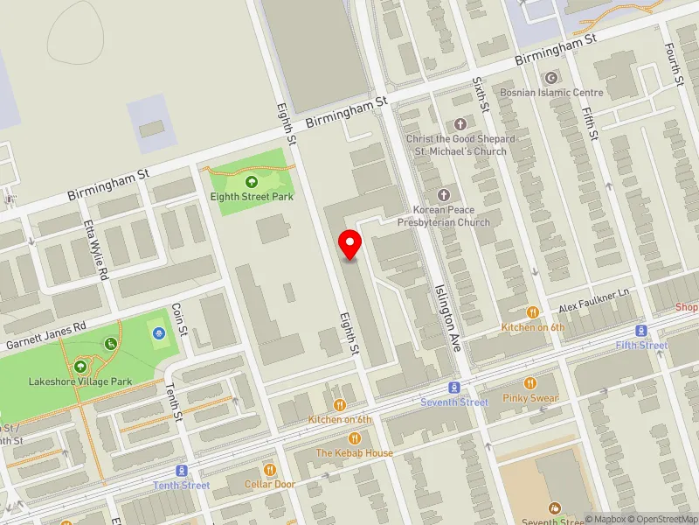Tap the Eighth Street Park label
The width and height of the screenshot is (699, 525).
pyautogui.click(x=252, y=197)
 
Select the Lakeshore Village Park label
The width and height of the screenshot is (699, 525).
pyautogui.click(x=80, y=381)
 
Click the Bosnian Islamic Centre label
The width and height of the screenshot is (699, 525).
pyautogui.click(x=551, y=92)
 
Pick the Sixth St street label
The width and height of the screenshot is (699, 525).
pyautogui.click(x=481, y=93)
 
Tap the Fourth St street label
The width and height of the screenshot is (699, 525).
pyautogui.click(x=674, y=63)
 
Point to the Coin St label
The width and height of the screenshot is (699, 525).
pyautogui.click(x=179, y=319)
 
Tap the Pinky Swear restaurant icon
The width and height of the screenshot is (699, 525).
pyautogui.click(x=529, y=383)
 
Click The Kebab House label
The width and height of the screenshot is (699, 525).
pyautogui.click(x=355, y=453)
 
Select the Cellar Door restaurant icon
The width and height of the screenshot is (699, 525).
pyautogui.click(x=270, y=470)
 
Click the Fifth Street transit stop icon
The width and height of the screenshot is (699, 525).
pyautogui.click(x=642, y=331)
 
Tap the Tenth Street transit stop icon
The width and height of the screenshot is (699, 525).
pyautogui.click(x=182, y=471)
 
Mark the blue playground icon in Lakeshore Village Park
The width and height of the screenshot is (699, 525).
pyautogui.click(x=158, y=333)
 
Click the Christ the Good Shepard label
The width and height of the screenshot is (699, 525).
pyautogui.click(x=460, y=139)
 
